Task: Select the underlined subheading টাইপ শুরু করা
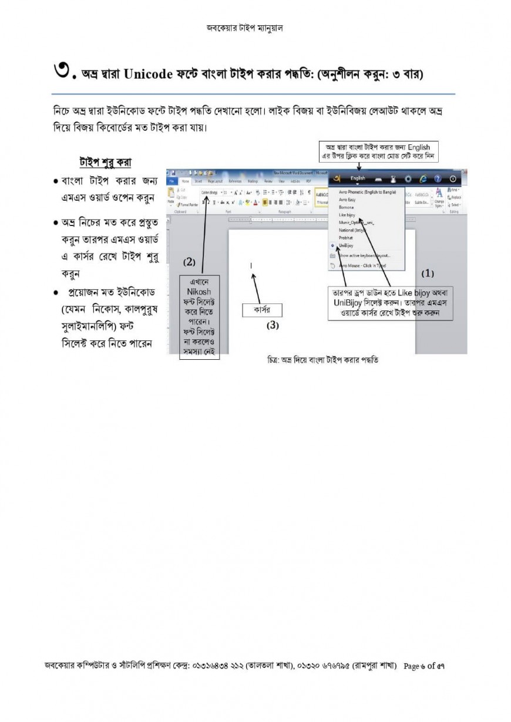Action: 106,161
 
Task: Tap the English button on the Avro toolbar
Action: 358,178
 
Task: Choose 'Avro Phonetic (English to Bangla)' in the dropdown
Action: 367,193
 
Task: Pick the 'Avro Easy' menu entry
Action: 347,200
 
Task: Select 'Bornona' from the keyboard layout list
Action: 346,208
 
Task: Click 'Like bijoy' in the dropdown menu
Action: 347,215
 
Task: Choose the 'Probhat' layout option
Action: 345,238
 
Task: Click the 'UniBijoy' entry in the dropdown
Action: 347,246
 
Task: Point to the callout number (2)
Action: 189,261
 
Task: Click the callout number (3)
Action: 273,325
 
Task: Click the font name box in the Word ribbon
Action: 209,192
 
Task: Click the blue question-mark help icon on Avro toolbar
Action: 438,178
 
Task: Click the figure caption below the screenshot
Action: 322,360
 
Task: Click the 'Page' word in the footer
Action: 411,666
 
